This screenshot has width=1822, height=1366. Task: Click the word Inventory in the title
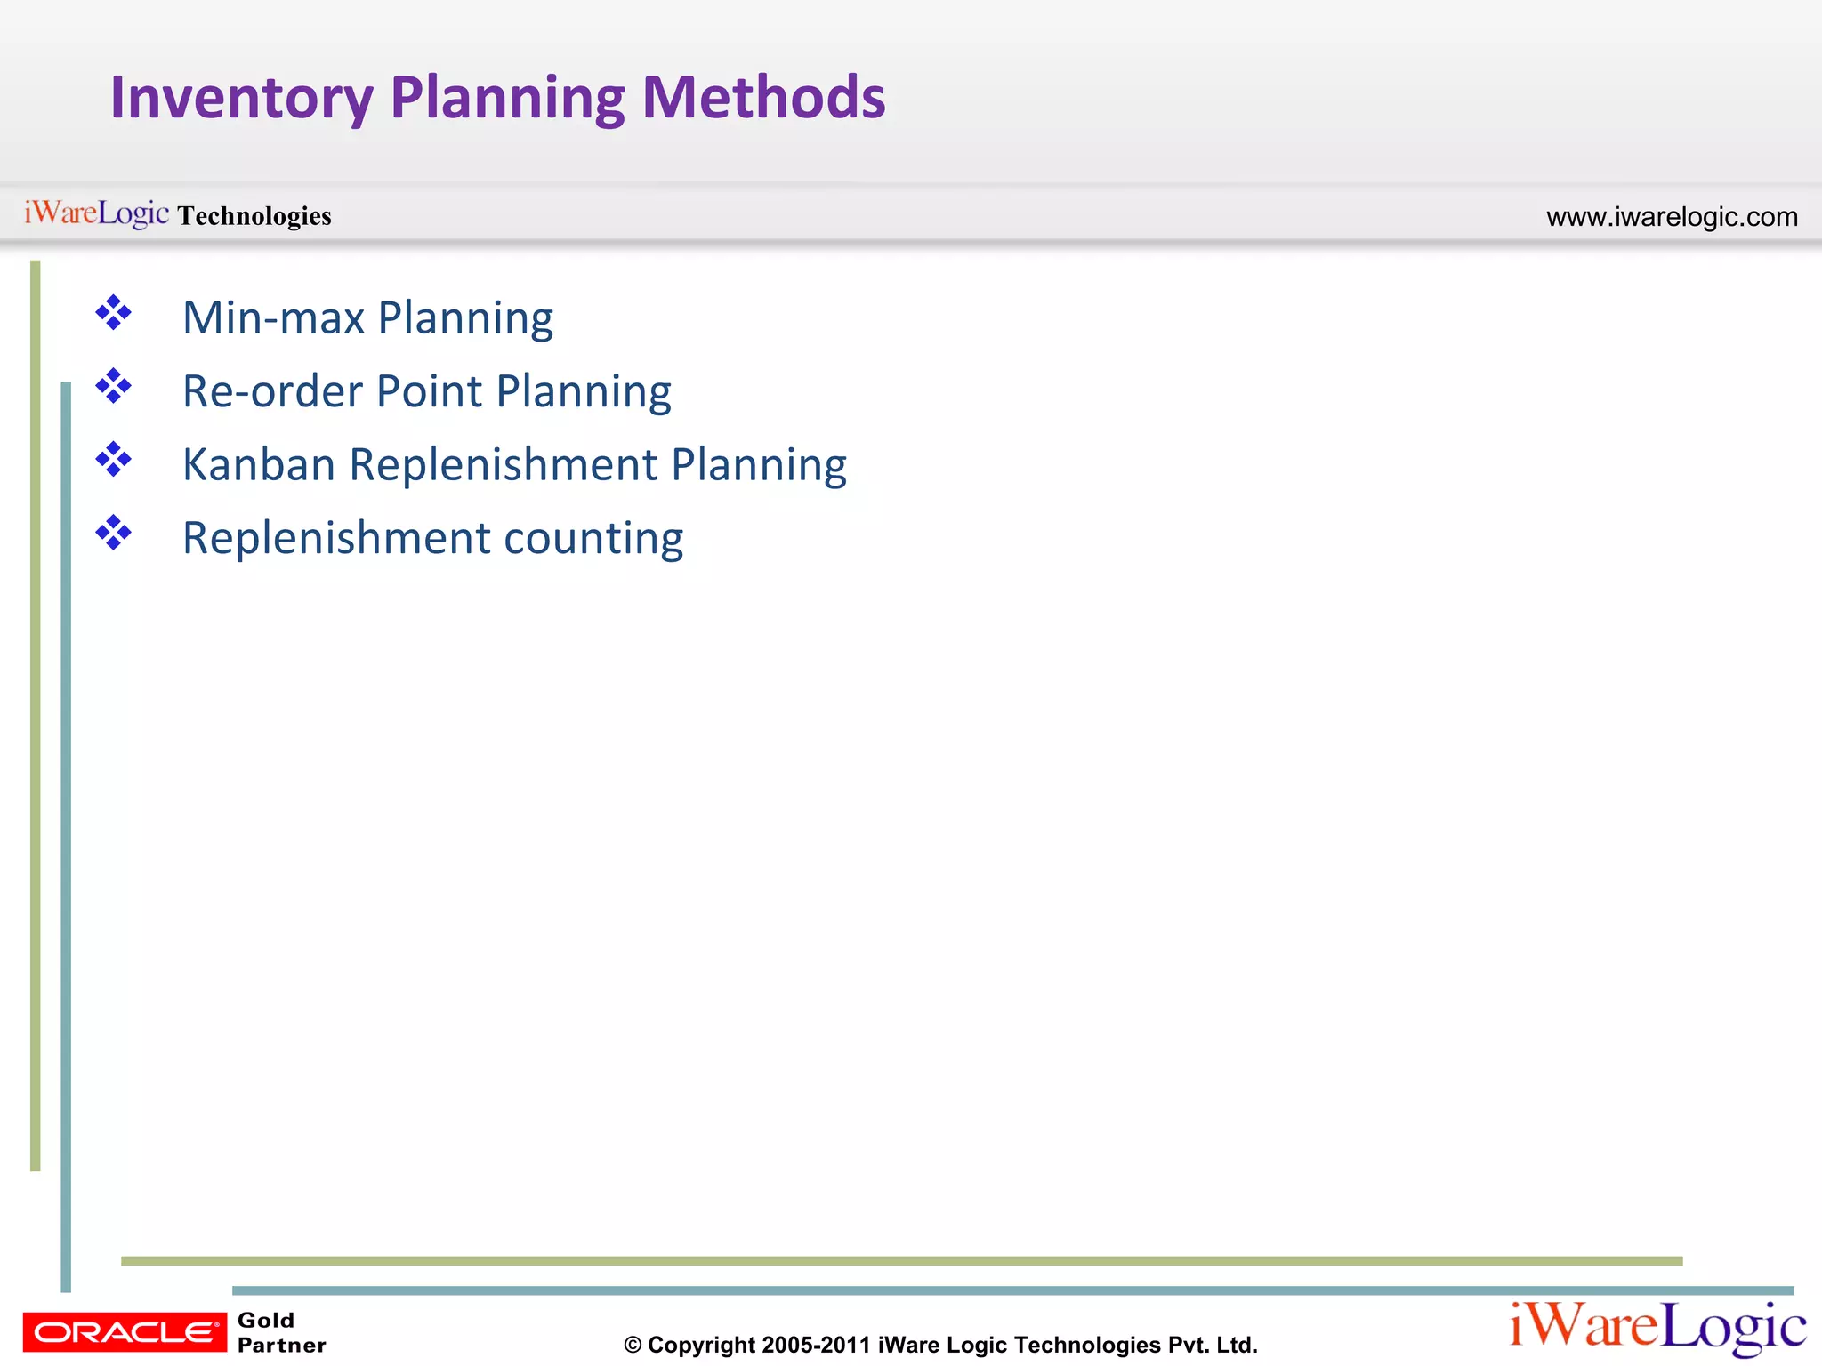coord(241,98)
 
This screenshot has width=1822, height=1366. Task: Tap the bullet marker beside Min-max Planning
coord(113,313)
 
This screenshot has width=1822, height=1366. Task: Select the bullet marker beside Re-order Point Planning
coord(113,387)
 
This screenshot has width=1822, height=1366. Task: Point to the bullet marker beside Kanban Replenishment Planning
coord(113,460)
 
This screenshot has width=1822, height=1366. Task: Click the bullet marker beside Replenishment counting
coord(113,534)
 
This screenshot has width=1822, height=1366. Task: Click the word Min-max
coord(273,318)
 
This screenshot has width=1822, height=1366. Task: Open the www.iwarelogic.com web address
coord(1672,217)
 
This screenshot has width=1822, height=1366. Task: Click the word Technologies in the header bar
coord(254,216)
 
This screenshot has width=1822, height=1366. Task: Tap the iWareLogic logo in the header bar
coord(96,213)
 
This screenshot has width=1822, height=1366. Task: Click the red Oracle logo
coord(125,1331)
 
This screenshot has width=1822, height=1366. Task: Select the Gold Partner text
coord(281,1332)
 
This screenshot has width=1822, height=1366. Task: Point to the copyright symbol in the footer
coord(633,1346)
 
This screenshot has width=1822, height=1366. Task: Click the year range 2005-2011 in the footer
coord(816,1346)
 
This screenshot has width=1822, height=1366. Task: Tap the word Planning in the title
coord(507,98)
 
